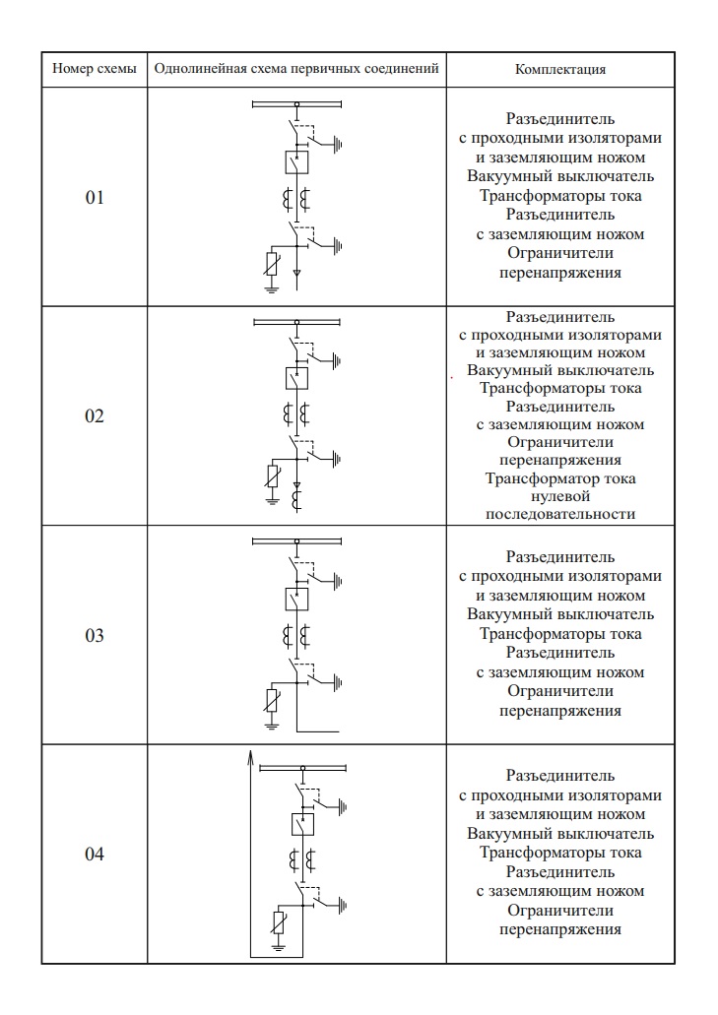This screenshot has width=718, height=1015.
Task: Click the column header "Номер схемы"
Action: point(95,71)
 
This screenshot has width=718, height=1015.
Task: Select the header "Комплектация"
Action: point(559,71)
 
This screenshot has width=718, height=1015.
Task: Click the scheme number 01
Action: point(95,198)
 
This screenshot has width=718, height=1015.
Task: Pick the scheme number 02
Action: point(95,416)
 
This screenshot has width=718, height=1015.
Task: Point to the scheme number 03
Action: point(95,635)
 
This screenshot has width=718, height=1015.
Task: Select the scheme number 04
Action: point(95,854)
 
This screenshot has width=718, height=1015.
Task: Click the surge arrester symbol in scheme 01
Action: point(274,263)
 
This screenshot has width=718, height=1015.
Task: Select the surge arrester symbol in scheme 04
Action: point(279,922)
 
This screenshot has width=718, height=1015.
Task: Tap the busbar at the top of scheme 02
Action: point(296,322)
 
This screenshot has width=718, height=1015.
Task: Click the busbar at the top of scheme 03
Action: point(296,540)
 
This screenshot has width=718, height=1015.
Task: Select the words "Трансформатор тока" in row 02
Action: point(559,478)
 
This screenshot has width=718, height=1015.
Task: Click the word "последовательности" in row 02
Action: point(559,514)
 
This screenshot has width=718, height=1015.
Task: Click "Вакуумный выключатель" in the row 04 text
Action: point(559,834)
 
